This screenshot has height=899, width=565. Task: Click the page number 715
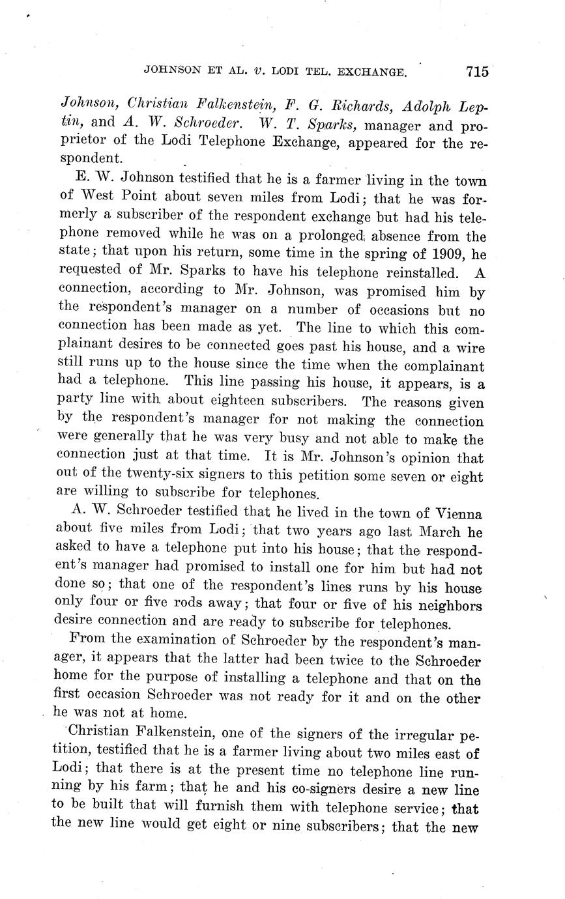click(477, 72)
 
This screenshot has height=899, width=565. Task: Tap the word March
click(444, 533)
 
